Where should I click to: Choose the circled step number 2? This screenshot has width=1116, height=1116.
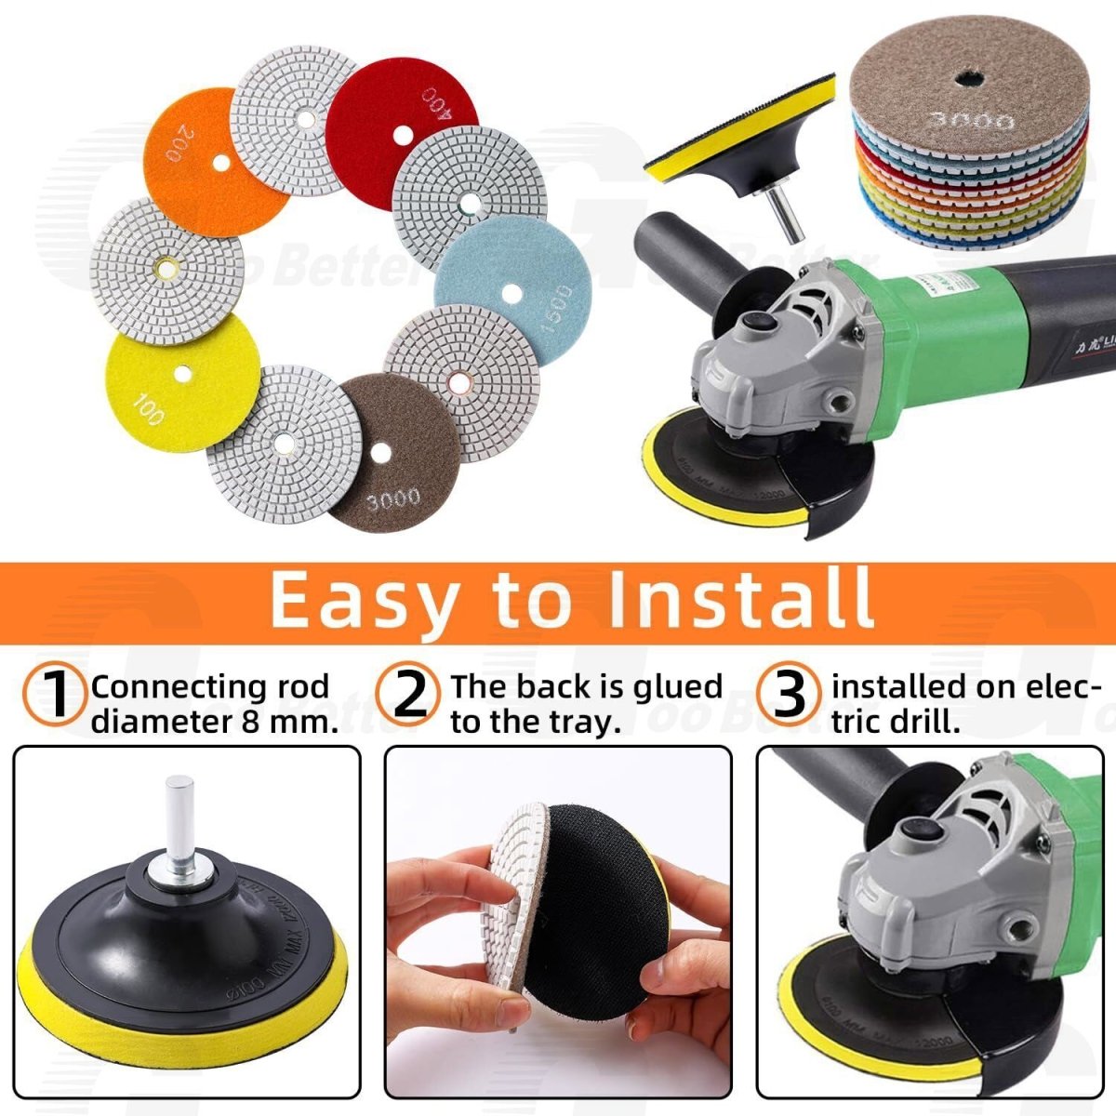410,696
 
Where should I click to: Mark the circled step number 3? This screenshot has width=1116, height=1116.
789,696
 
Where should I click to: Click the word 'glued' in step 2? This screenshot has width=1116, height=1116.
676,686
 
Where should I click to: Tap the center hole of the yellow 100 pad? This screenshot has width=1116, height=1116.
182,374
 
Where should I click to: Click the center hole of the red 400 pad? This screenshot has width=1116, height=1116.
402,135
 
